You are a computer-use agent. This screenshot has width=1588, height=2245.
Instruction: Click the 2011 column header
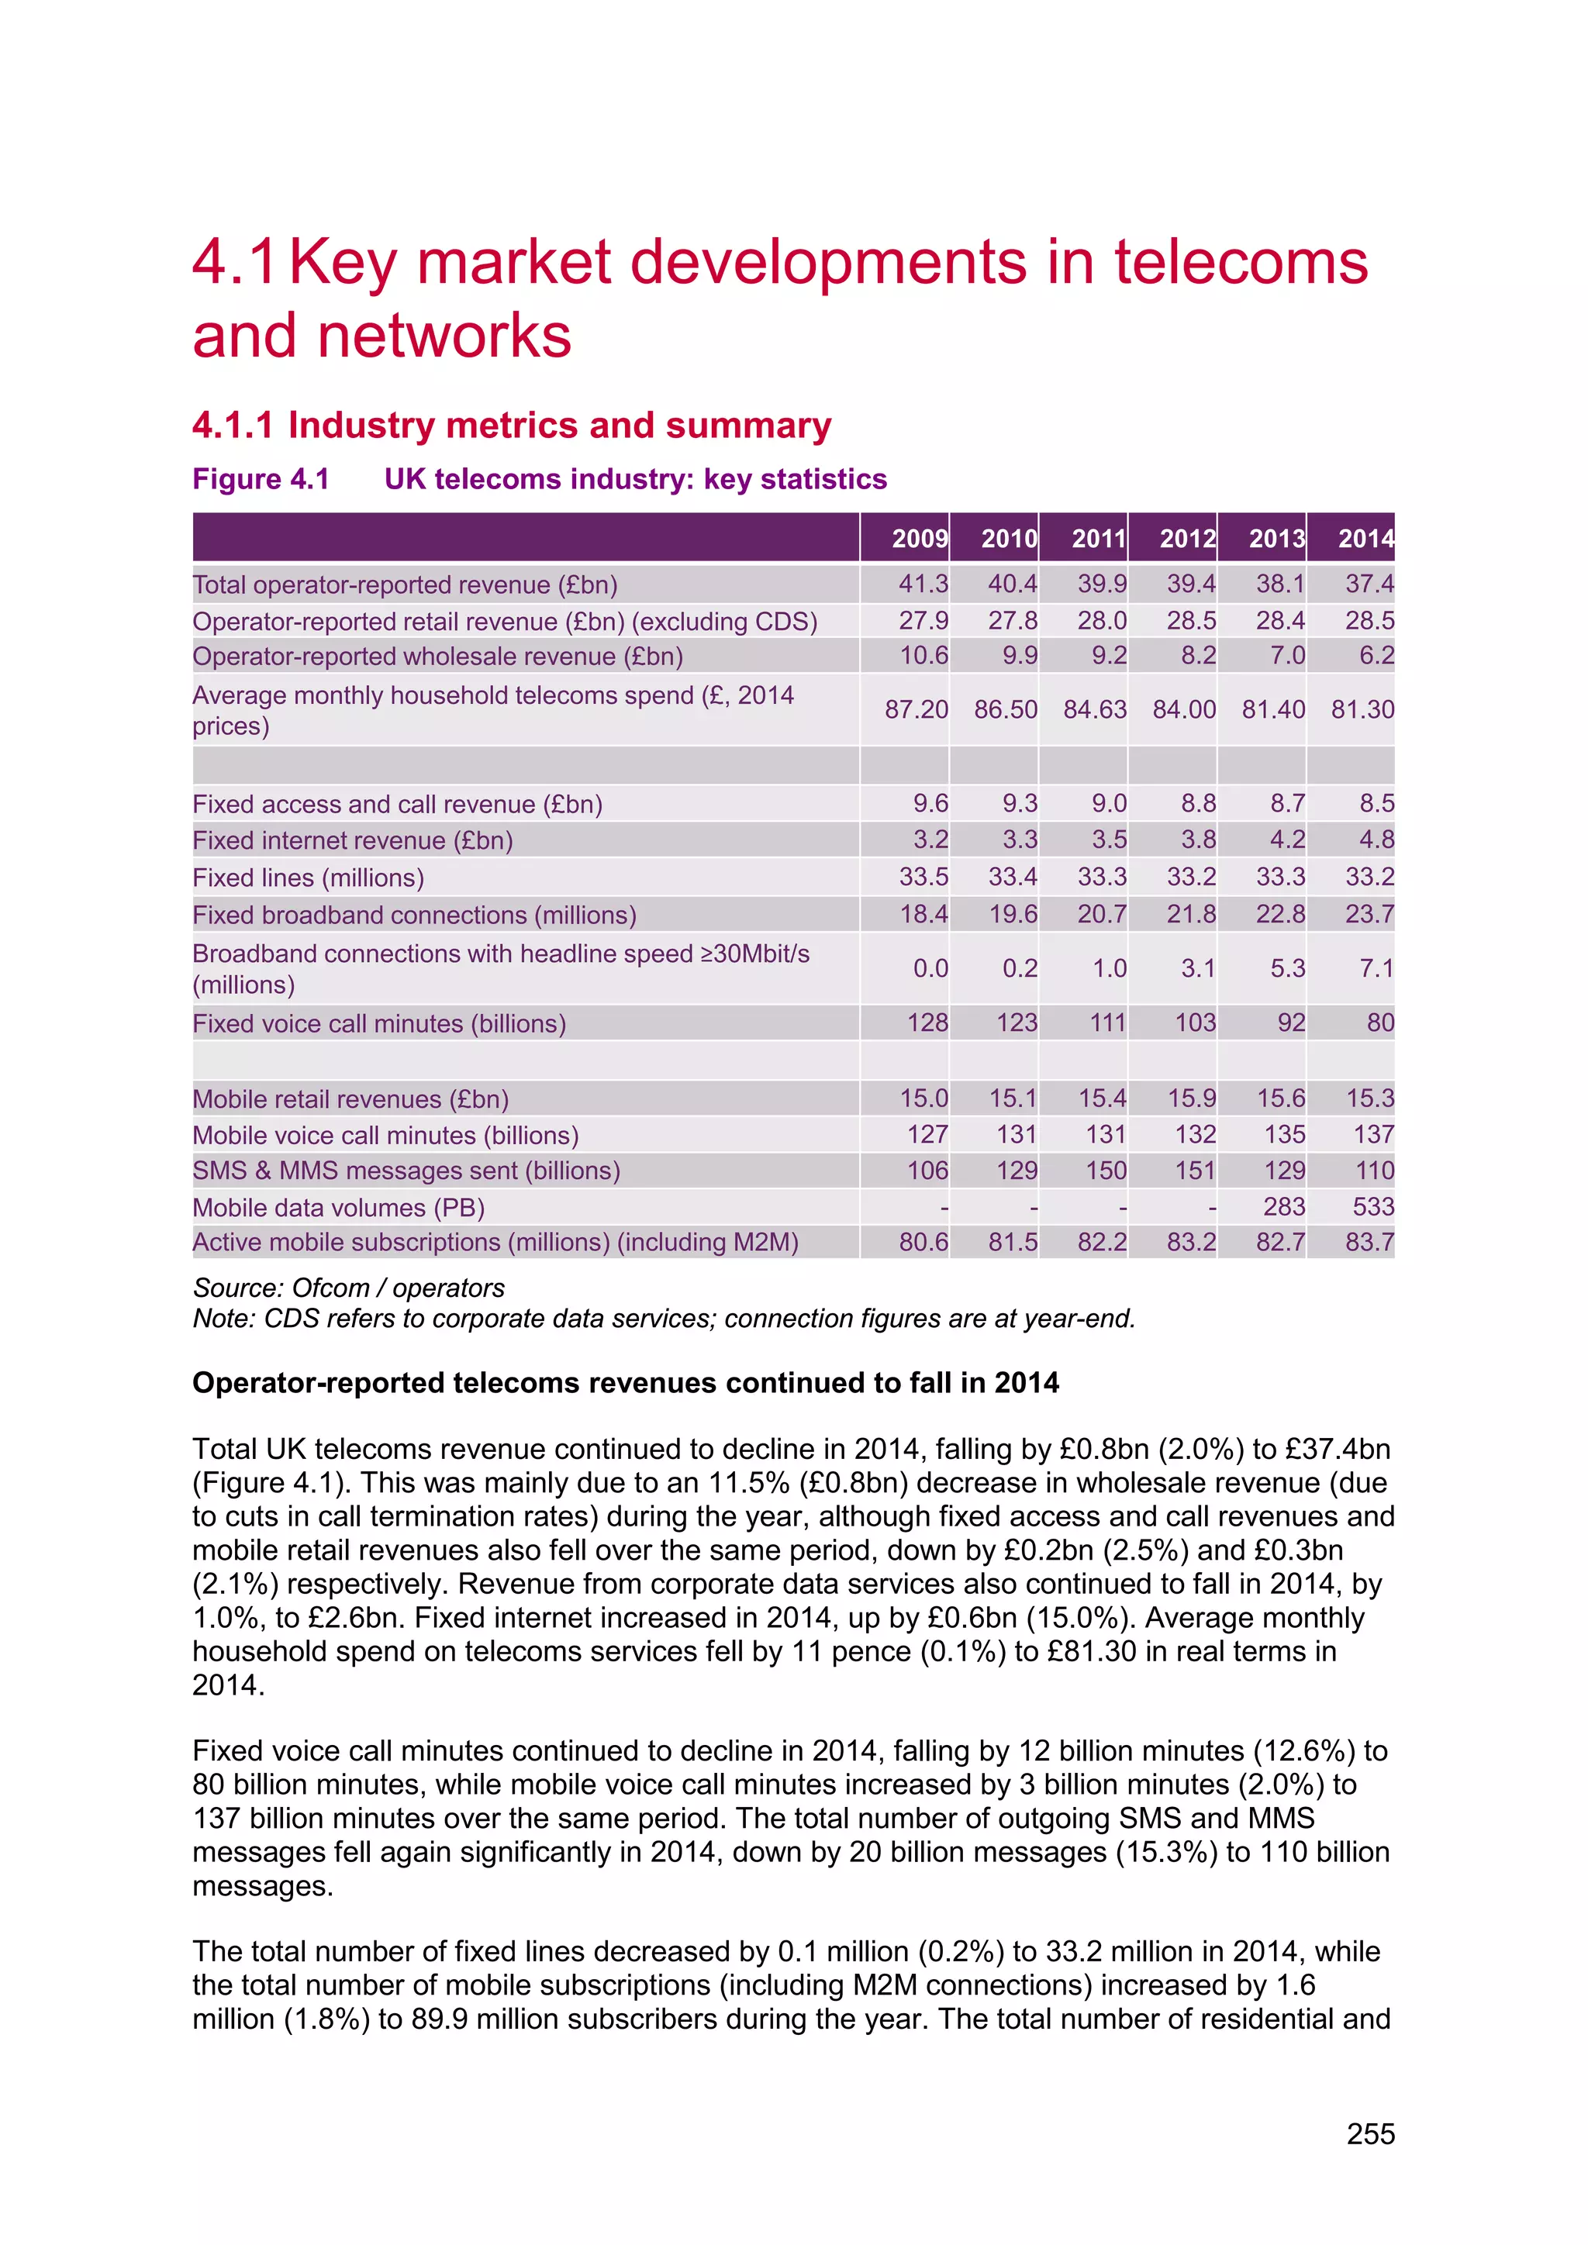tap(1098, 538)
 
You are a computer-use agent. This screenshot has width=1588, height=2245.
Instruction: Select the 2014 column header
tap(1365, 538)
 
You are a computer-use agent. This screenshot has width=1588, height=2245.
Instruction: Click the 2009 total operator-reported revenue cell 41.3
tap(923, 584)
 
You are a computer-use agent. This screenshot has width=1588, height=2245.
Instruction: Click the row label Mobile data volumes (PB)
tap(338, 1208)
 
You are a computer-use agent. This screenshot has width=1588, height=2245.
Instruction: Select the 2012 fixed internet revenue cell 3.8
tap(1198, 839)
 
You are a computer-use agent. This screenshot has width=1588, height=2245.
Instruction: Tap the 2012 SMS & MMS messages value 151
tap(1195, 1171)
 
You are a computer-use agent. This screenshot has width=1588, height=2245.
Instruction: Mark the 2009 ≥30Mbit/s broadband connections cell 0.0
tap(930, 968)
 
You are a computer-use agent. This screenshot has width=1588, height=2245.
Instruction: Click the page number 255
tap(1370, 2133)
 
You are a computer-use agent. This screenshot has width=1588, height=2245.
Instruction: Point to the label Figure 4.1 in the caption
tap(261, 479)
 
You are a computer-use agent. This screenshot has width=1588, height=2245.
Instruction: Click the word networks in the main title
tap(444, 336)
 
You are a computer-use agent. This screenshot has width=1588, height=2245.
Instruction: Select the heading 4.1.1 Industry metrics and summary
tap(512, 426)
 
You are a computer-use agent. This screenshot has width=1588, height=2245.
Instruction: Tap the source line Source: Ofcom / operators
tap(349, 1288)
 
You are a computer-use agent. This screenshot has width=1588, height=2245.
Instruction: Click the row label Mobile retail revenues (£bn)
tap(350, 1099)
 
